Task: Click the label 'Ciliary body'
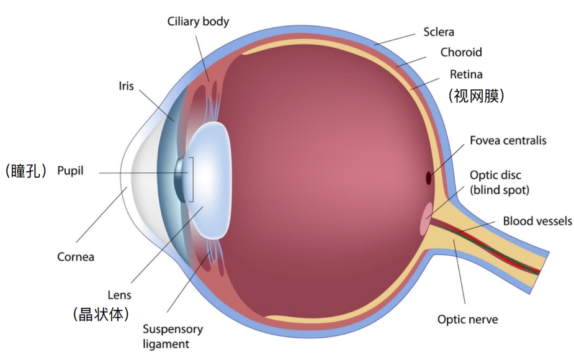198,22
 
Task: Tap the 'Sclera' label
439,32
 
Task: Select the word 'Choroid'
461,52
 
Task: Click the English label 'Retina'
466,74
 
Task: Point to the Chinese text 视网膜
477,96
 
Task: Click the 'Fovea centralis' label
508,140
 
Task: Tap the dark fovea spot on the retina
428,178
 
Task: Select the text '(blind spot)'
500,190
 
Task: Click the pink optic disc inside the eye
425,219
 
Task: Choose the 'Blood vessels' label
537,221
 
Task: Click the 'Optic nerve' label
467,320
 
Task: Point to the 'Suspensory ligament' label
173,336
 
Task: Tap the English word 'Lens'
119,295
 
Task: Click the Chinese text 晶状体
101,314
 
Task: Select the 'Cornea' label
76,257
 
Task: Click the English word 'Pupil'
70,171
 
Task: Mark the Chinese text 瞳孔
25,171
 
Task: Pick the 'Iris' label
126,86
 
